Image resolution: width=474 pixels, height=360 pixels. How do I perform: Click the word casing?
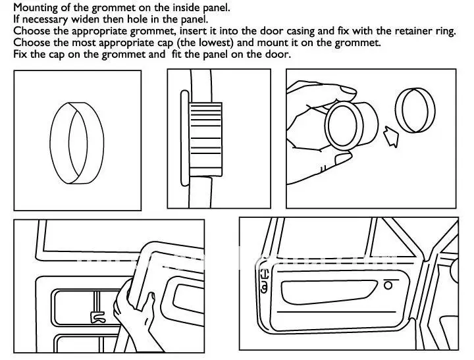[294, 31]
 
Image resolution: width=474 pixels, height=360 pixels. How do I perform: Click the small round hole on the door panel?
[388, 286]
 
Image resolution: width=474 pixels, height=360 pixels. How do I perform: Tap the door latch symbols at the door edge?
[264, 280]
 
